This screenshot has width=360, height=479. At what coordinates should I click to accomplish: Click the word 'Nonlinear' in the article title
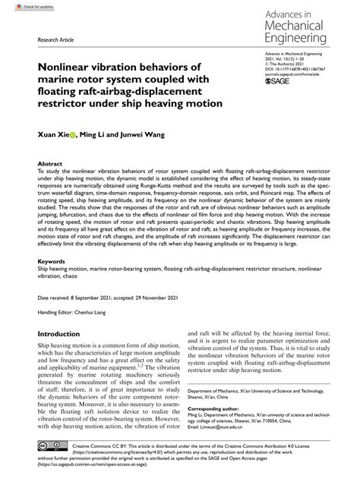click(66, 67)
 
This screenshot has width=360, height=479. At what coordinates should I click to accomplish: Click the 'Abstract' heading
click(50, 162)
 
